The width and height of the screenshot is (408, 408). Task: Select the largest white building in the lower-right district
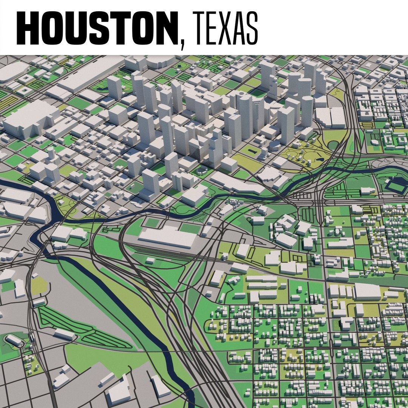click(367, 292)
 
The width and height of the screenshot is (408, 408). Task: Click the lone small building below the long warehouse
click(150, 260)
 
